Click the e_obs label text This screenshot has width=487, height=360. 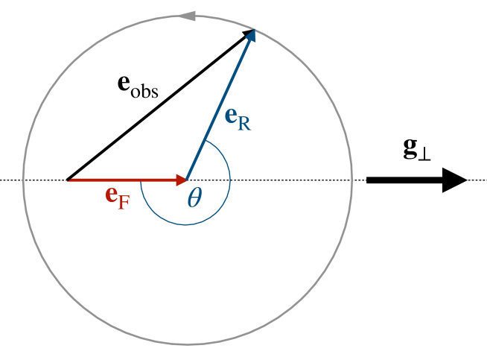(138, 83)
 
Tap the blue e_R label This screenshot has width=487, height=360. (238, 119)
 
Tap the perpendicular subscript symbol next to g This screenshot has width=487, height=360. (425, 153)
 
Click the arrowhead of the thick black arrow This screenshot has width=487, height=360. (453, 180)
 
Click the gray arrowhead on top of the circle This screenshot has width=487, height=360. (188, 15)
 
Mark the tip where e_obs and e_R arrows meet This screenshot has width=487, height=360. (254, 30)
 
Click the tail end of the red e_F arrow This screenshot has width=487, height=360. (69, 180)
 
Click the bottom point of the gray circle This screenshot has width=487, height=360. (188, 344)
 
